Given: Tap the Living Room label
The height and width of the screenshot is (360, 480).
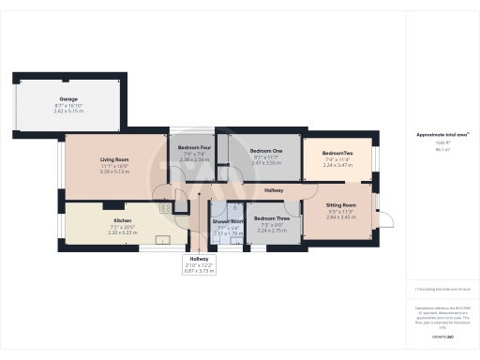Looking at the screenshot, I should tap(113, 160).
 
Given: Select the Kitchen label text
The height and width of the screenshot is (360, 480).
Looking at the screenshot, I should tap(116, 222).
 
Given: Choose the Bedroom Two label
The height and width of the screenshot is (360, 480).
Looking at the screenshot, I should tap(337, 153).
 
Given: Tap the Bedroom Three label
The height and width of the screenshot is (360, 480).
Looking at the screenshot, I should tap(270, 219).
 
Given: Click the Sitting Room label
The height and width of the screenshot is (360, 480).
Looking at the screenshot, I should tap(341, 204).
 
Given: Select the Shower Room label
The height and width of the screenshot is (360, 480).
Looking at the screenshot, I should tap(229, 221).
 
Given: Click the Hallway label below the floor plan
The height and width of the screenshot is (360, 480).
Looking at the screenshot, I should tap(199, 259).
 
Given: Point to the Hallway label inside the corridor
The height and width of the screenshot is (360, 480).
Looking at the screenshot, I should tap(274, 190).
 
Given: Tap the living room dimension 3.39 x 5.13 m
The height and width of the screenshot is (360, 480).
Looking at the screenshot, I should tap(113, 172).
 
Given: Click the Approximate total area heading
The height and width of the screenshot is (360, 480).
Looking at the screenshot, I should tap(442, 135).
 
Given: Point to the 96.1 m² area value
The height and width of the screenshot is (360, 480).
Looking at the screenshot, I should tap(440, 149).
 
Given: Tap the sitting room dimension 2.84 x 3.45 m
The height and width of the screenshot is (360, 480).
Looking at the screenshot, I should tap(341, 217).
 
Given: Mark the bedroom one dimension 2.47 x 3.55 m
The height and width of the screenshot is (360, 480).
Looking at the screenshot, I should tap(266, 163).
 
